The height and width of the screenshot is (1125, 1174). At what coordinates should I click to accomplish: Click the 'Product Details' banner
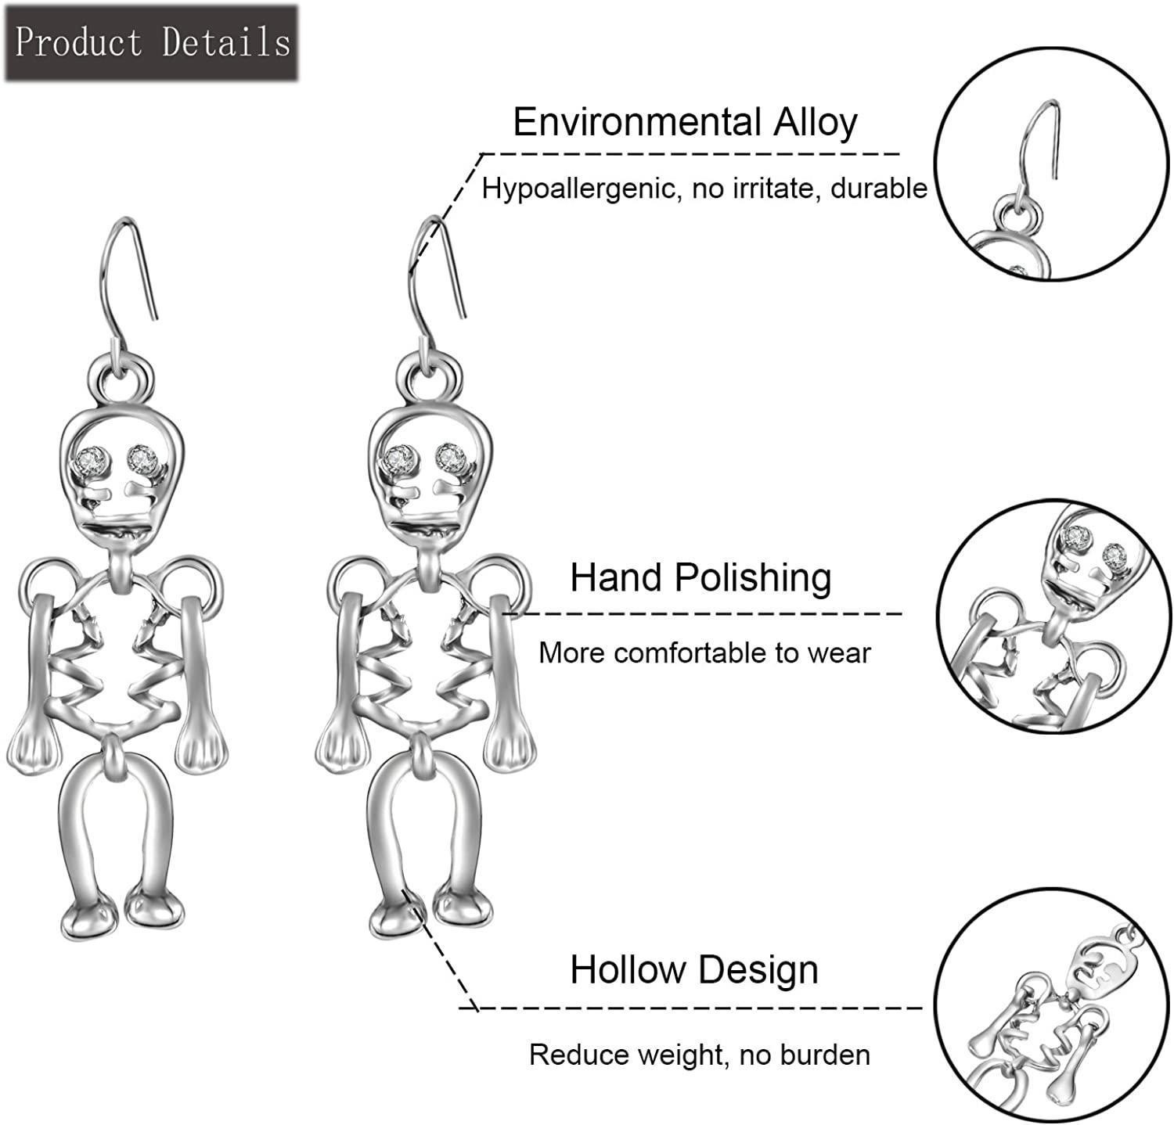(152, 42)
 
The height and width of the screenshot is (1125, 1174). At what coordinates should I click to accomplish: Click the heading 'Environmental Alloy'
(685, 122)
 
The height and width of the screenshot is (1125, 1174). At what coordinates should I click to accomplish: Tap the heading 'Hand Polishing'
(700, 578)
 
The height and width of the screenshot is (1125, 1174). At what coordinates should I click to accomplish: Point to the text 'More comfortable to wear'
(704, 652)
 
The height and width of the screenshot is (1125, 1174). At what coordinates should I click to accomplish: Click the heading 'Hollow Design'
(694, 970)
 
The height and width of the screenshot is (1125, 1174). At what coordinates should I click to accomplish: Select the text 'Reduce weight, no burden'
(700, 1055)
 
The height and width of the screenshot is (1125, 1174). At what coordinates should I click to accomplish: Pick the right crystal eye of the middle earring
(450, 457)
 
